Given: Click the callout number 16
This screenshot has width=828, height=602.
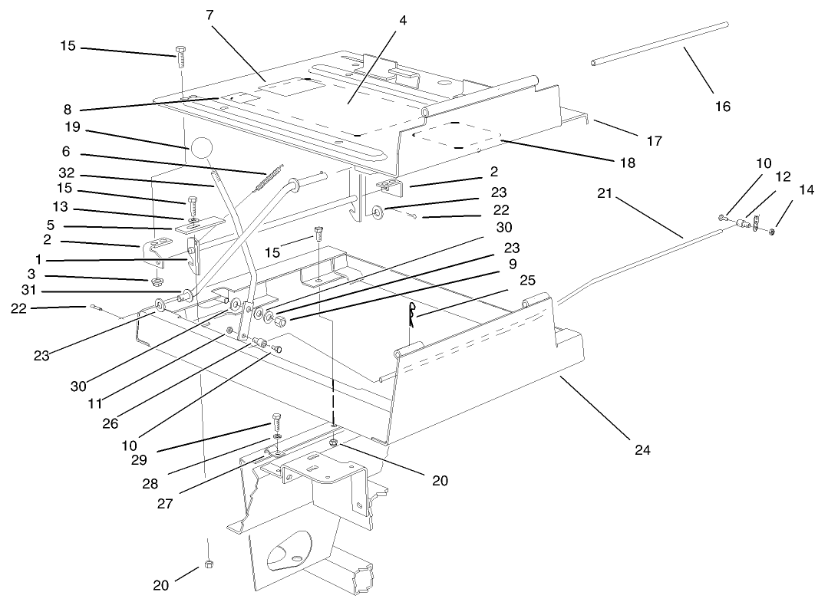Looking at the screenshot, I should tap(723, 106).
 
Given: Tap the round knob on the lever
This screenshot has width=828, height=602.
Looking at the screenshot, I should tap(201, 148).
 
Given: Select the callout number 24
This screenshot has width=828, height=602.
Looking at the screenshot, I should tap(642, 449).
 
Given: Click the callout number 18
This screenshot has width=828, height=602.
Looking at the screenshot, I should tap(627, 163).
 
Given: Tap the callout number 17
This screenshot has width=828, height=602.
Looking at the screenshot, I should tap(654, 141).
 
